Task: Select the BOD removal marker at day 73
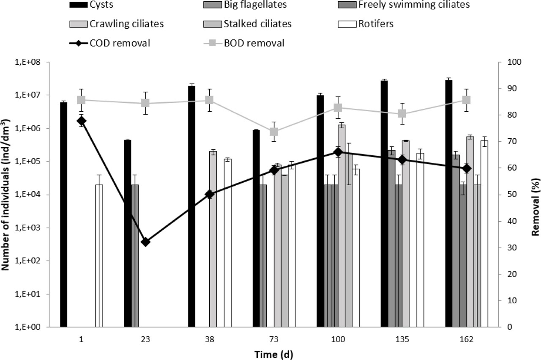click(274, 132)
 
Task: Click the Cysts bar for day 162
click(449, 203)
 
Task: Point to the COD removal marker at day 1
click(82, 121)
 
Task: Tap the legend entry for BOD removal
click(259, 43)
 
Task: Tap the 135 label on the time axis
click(402, 339)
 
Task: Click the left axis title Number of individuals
click(7, 195)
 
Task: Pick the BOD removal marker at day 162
click(466, 100)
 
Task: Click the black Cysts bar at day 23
click(128, 233)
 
